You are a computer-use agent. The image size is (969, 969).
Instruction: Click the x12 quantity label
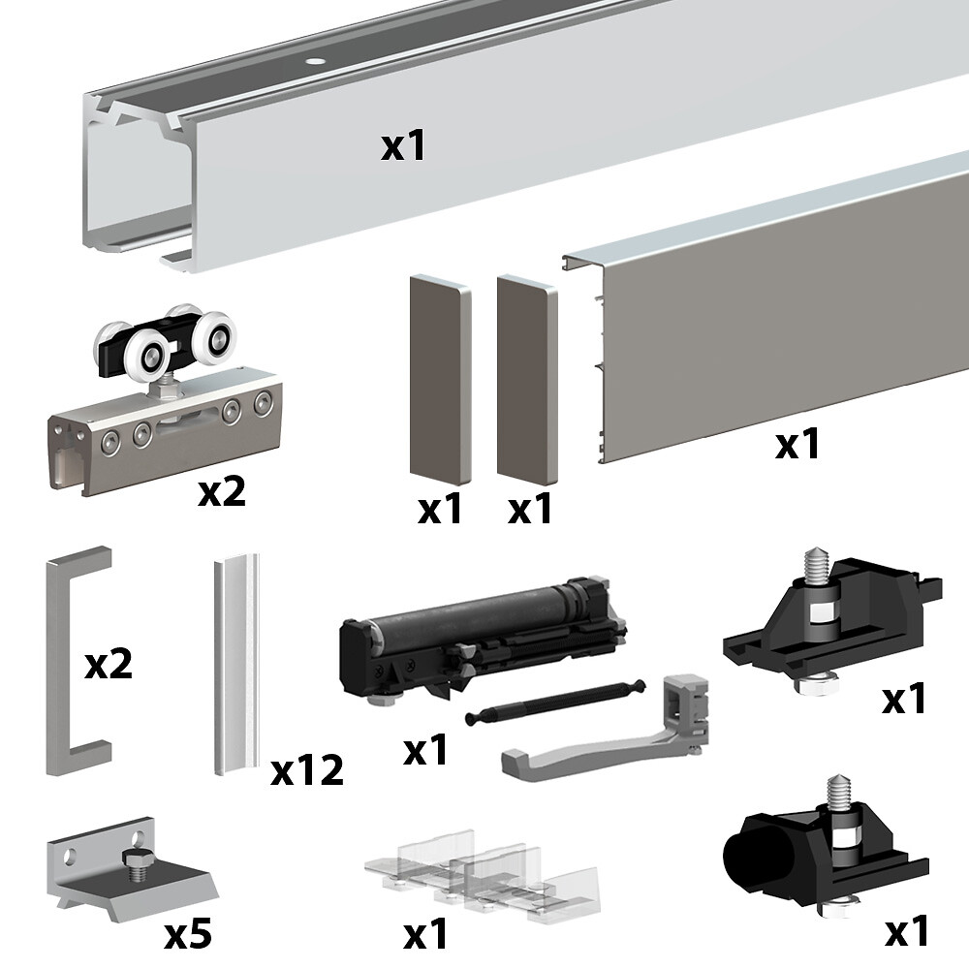(x=306, y=770)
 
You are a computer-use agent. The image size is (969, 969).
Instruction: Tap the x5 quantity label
(x=188, y=933)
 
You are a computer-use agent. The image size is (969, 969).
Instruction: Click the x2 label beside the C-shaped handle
(x=109, y=665)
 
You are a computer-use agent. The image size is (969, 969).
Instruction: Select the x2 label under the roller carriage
(x=221, y=492)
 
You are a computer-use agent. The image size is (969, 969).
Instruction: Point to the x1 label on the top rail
(x=403, y=147)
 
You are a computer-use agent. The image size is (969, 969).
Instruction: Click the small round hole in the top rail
(x=317, y=62)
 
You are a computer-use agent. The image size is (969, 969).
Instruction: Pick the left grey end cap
(x=441, y=379)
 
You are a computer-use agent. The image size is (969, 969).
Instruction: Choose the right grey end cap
(x=527, y=379)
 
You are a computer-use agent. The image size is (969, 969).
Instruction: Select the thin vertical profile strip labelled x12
(x=236, y=664)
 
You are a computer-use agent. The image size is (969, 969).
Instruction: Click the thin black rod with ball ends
(x=555, y=701)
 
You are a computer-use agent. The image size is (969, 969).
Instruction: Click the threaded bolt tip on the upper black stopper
(x=815, y=562)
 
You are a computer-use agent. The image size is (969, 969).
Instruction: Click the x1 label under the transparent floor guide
(x=425, y=934)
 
